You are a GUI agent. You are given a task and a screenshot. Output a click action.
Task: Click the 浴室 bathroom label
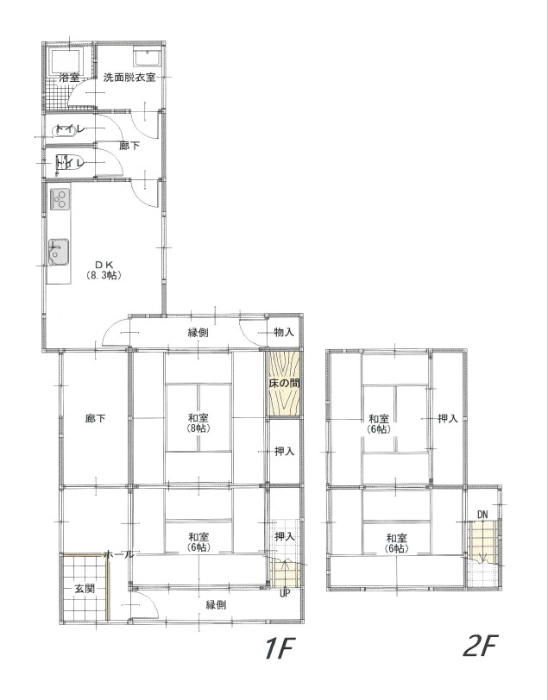(69, 78)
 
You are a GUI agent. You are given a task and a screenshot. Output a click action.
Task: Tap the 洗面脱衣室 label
(129, 78)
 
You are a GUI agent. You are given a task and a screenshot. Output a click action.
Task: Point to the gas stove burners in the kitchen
(60, 198)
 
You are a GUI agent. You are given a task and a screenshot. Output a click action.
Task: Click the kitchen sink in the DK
(59, 252)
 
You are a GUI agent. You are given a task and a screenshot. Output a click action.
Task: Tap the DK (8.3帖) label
(104, 270)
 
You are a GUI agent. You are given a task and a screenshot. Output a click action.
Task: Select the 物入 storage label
(284, 332)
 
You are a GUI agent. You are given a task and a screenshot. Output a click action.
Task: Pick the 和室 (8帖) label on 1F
(198, 423)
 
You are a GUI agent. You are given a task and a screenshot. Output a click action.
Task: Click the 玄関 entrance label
(84, 589)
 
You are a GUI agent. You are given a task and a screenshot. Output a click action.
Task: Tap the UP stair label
(285, 594)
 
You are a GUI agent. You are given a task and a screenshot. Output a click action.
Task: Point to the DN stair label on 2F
(482, 515)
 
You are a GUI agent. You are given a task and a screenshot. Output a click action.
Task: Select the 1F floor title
(278, 647)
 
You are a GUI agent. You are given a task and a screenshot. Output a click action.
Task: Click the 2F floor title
(480, 646)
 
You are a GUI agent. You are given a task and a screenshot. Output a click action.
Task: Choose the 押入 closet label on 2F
(447, 419)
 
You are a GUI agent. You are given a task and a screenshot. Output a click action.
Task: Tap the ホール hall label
(119, 554)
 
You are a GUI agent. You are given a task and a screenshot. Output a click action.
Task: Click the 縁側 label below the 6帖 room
(216, 605)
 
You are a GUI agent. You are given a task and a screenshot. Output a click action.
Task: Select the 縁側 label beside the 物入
(198, 333)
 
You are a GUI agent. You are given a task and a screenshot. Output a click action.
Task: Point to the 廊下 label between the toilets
(129, 146)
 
